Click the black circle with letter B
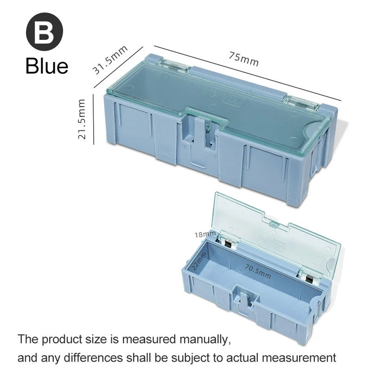click(x=44, y=34)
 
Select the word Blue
click(x=47, y=66)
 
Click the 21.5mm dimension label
click(x=82, y=119)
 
